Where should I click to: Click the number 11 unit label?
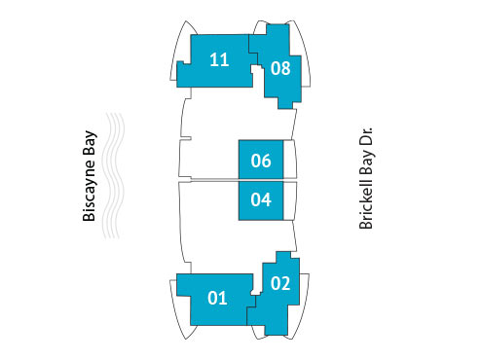(x=219, y=60)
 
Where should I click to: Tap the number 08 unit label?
(x=280, y=68)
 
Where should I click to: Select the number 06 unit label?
(x=260, y=162)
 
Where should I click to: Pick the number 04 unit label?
(x=260, y=201)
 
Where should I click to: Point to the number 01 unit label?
(x=217, y=298)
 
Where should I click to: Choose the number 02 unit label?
(x=280, y=284)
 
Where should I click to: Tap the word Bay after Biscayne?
(x=90, y=144)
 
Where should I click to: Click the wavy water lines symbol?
(x=117, y=176)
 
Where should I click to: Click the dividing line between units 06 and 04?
(x=261, y=180)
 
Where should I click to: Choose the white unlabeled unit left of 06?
(x=209, y=156)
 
